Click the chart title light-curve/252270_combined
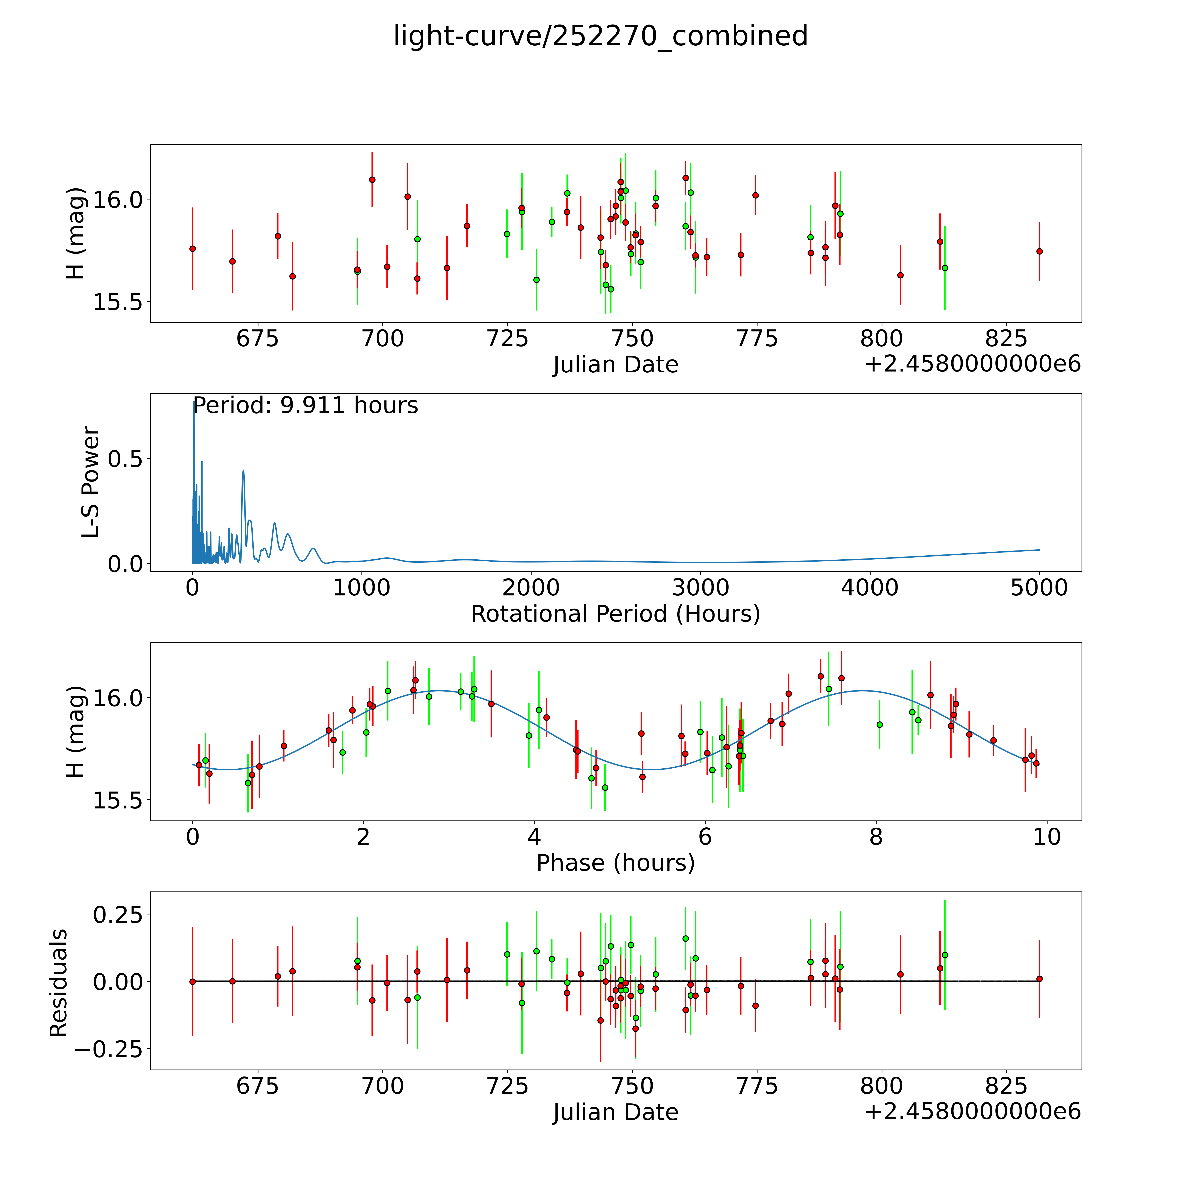click(600, 36)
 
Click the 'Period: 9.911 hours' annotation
click(305, 406)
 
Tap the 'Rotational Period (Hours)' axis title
click(615, 614)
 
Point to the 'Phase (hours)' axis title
click(615, 863)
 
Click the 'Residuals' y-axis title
click(58, 983)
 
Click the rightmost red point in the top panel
click(1039, 251)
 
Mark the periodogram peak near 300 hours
click(243, 470)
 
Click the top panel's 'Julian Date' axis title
click(615, 365)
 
